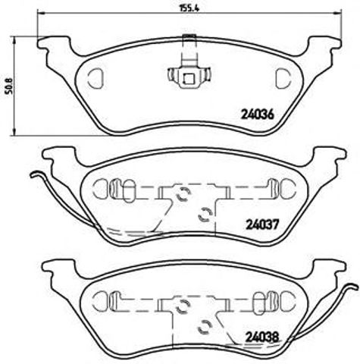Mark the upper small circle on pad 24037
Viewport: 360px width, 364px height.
pos(182,196)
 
